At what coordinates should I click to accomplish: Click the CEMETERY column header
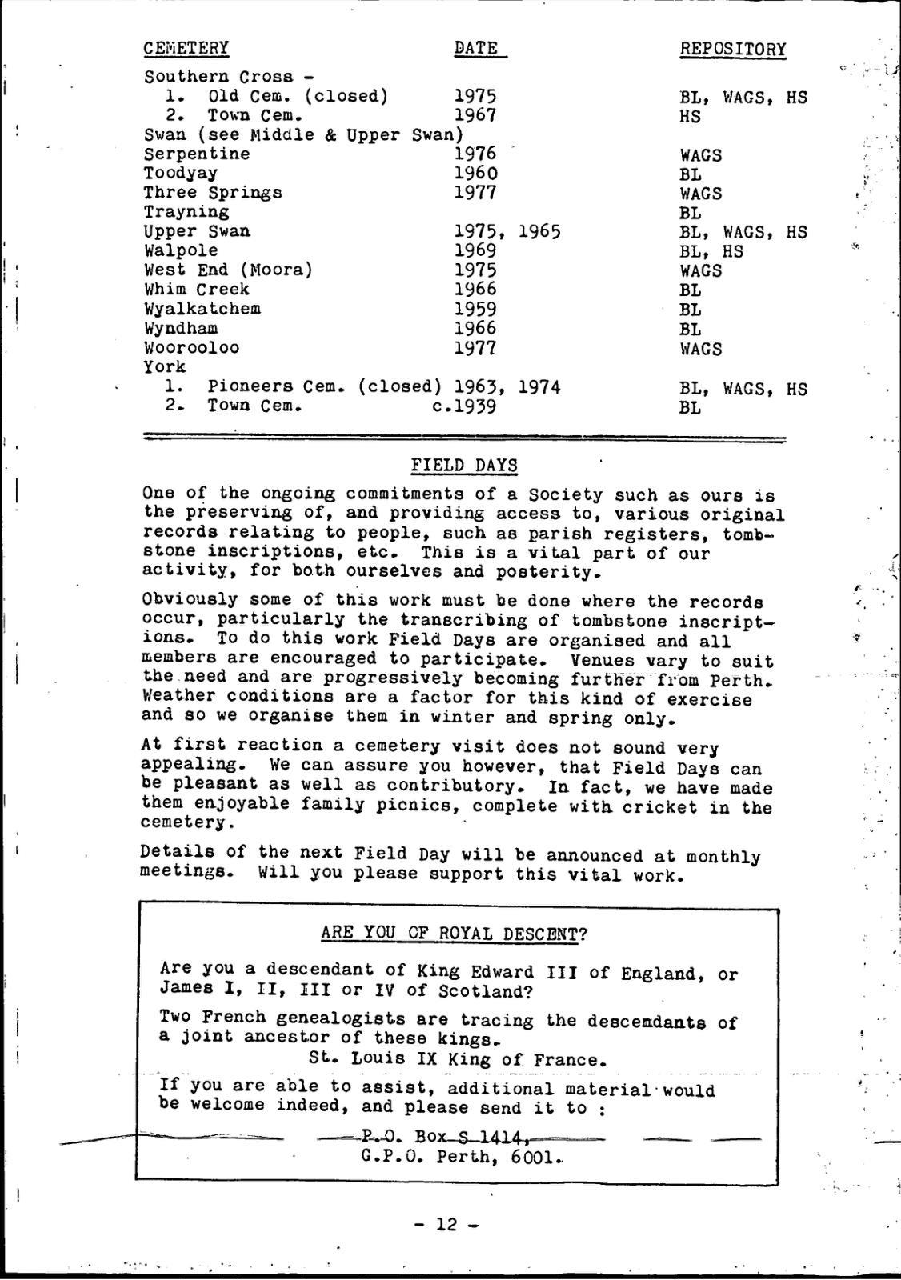186,48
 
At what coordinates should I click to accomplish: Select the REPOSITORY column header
732,50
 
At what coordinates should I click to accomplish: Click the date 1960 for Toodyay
475,174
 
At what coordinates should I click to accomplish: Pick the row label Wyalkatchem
202,309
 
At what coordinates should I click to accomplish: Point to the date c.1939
464,406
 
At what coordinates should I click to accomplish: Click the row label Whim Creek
197,290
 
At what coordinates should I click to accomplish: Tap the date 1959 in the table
475,309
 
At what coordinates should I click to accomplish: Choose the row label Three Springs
213,193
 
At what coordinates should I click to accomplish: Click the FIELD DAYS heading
464,466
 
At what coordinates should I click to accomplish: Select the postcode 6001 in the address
531,1157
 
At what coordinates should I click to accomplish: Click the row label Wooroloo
191,348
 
